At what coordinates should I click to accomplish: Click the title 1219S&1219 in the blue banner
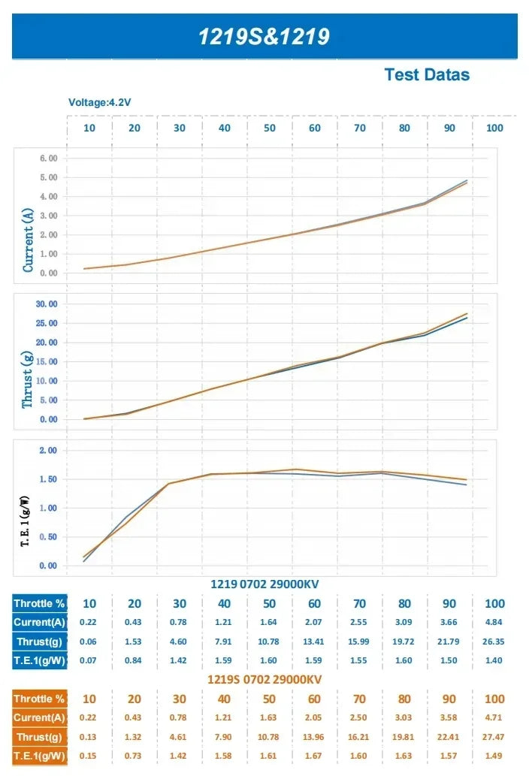pos(264,37)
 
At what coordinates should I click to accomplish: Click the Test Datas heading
pos(427,74)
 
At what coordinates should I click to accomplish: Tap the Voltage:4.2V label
pos(99,102)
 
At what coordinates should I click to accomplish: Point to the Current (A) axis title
pos(28,240)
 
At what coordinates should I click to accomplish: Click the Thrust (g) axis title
pos(27,379)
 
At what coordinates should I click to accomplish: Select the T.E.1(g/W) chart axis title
pos(25,521)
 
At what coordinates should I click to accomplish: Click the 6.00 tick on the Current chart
pos(49,159)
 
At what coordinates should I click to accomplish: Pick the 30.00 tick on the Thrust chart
pos(47,304)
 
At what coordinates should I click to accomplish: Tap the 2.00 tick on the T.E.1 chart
pos(48,451)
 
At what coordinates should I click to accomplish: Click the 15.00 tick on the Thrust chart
pos(47,362)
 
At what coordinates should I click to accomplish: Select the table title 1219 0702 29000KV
pos(264,584)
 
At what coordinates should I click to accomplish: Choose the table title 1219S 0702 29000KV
pos(264,679)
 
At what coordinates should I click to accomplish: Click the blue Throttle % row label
pos(39,603)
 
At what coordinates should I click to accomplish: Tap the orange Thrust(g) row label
pos(39,737)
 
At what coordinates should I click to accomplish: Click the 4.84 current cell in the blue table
pos(494,622)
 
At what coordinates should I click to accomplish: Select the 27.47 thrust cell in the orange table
pos(494,737)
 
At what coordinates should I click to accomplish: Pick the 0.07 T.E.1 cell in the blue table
pos(88,660)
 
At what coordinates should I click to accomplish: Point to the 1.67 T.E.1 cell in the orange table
pos(313,756)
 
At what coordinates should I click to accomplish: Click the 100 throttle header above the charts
pos(494,128)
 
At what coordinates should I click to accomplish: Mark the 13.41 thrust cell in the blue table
pos(313,642)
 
